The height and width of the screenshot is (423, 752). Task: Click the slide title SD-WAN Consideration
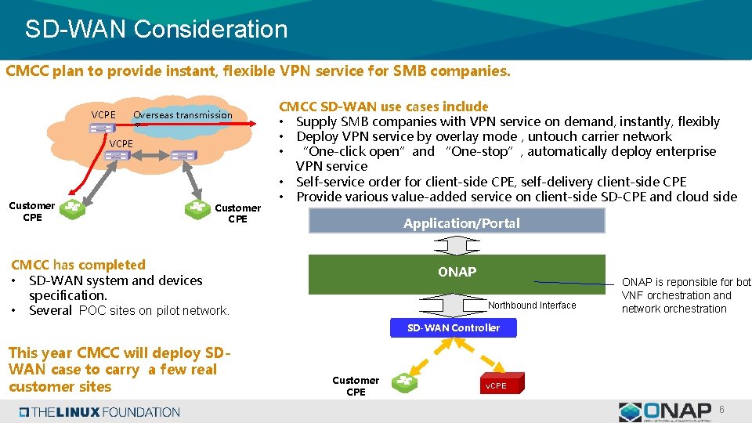pyautogui.click(x=157, y=30)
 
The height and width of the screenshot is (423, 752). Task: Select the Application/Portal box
pyautogui.click(x=457, y=222)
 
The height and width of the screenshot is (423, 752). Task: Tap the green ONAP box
pyautogui.click(x=457, y=273)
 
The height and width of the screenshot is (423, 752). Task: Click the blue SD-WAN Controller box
pyautogui.click(x=453, y=327)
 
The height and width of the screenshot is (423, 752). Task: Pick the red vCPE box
pyautogui.click(x=495, y=385)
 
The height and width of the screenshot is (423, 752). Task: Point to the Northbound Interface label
pyautogui.click(x=532, y=305)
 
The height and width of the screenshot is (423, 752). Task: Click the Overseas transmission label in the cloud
pyautogui.click(x=183, y=115)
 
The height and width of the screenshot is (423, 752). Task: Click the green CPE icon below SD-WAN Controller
pyautogui.click(x=405, y=382)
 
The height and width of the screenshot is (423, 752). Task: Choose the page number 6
pyautogui.click(x=721, y=410)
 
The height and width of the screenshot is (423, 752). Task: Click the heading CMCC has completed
pyautogui.click(x=78, y=265)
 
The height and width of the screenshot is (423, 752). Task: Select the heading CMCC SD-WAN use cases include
pyautogui.click(x=384, y=107)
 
